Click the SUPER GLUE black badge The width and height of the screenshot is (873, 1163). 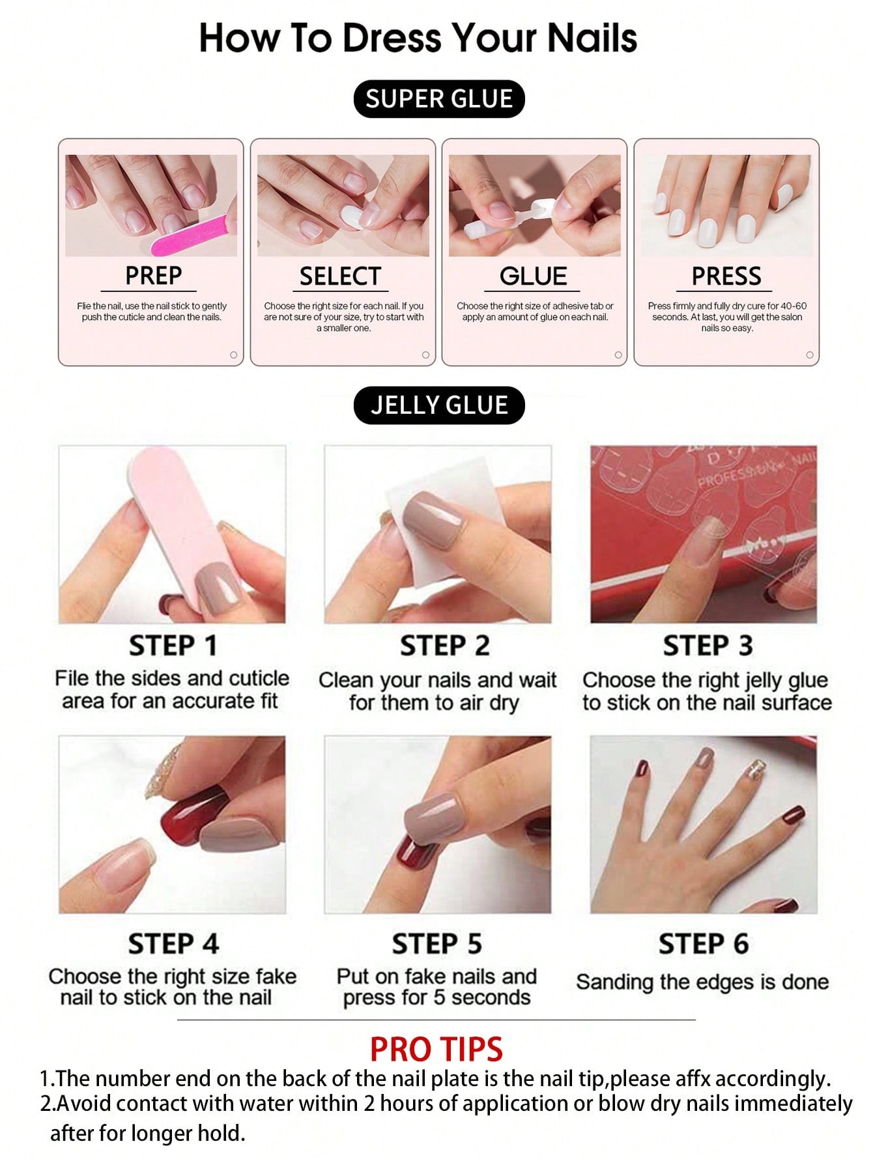pyautogui.click(x=438, y=99)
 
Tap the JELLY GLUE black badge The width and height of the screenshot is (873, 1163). pyautogui.click(x=438, y=405)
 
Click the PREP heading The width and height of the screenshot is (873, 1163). pyautogui.click(x=153, y=276)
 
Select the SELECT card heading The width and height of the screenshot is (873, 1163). pyautogui.click(x=339, y=276)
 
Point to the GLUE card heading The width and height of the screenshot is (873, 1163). pyautogui.click(x=533, y=276)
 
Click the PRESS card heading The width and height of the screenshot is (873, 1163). pyautogui.click(x=726, y=276)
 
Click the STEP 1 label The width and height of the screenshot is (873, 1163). pyautogui.click(x=173, y=646)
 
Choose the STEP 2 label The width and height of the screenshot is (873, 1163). pyautogui.click(x=444, y=646)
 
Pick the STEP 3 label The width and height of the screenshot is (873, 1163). pyautogui.click(x=708, y=646)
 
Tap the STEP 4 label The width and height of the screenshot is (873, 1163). pyautogui.click(x=173, y=943)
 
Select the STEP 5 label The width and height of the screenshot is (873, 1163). pyautogui.click(x=436, y=943)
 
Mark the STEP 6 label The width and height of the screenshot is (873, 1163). pyautogui.click(x=703, y=943)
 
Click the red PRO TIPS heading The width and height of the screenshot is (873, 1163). pyautogui.click(x=436, y=1050)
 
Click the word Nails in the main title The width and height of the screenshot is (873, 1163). pyautogui.click(x=592, y=38)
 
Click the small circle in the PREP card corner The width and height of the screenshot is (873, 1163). pyautogui.click(x=233, y=355)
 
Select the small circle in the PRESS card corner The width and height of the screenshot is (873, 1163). pyautogui.click(x=810, y=355)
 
